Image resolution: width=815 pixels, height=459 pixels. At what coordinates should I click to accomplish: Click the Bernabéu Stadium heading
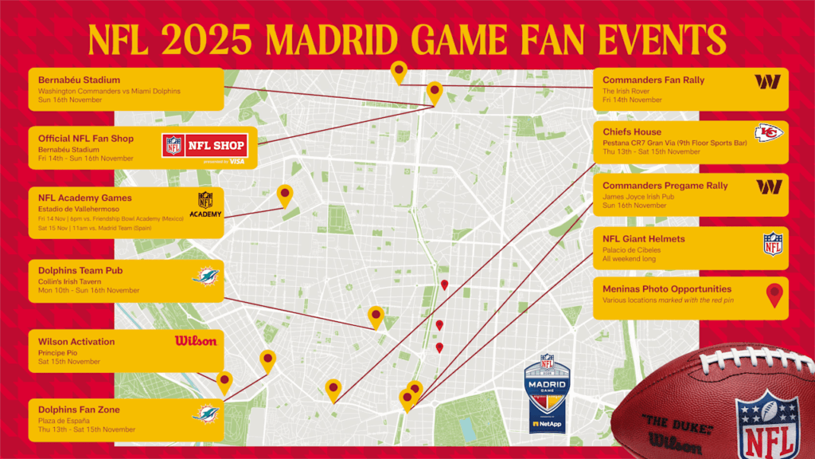click(80, 80)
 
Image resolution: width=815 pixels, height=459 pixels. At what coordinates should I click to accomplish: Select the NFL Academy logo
click(205, 204)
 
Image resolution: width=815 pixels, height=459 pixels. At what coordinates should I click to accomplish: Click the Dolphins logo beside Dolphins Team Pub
click(205, 277)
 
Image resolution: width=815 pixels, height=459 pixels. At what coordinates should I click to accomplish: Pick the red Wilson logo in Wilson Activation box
click(196, 341)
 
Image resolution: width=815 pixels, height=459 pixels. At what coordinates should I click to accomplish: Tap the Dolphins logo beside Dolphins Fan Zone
click(205, 414)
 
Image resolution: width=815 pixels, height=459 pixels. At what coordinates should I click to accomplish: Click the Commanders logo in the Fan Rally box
click(767, 81)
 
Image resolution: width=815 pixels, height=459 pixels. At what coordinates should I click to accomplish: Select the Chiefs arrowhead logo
click(768, 133)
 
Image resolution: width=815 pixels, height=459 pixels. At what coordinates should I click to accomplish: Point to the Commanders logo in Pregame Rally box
click(768, 186)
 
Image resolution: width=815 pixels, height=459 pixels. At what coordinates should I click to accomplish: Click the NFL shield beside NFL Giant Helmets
click(773, 244)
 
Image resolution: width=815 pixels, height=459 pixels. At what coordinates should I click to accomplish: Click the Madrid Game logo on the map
click(548, 391)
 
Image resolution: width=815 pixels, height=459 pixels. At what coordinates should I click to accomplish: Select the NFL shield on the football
click(766, 423)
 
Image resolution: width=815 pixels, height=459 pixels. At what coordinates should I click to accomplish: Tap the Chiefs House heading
click(632, 131)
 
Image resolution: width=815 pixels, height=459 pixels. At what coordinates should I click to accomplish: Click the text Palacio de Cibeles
click(632, 249)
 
